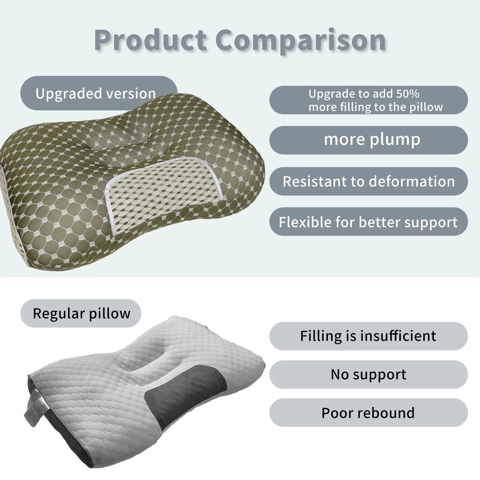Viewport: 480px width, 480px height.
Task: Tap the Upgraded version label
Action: point(99,93)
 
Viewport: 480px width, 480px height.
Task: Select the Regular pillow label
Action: point(81,313)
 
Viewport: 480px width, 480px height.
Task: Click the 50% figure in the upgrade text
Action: point(408,94)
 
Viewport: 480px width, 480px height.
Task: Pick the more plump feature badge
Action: point(368,140)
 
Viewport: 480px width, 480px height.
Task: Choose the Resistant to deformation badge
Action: point(368,181)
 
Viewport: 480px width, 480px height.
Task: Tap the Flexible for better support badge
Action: point(368,222)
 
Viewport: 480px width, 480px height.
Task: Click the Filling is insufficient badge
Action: point(368,336)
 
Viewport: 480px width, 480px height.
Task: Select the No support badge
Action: point(368,374)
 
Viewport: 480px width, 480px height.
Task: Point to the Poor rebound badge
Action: point(368,413)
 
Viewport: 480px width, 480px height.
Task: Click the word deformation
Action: point(412,181)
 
